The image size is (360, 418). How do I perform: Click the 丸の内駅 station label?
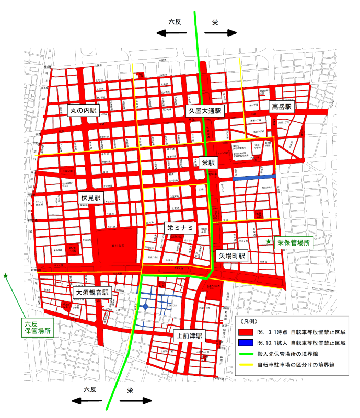[x=84, y=110]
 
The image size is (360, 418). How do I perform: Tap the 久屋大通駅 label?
[x=205, y=111]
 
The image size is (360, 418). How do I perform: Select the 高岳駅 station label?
[x=283, y=107]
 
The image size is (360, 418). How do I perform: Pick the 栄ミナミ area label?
[x=180, y=228]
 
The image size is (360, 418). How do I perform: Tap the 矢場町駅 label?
[x=232, y=257]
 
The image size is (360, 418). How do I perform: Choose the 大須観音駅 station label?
[x=91, y=293]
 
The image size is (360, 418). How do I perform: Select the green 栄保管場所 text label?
[x=294, y=242]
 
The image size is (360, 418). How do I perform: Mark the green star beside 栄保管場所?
[x=269, y=242]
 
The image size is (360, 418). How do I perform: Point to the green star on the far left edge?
[x=6, y=275]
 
